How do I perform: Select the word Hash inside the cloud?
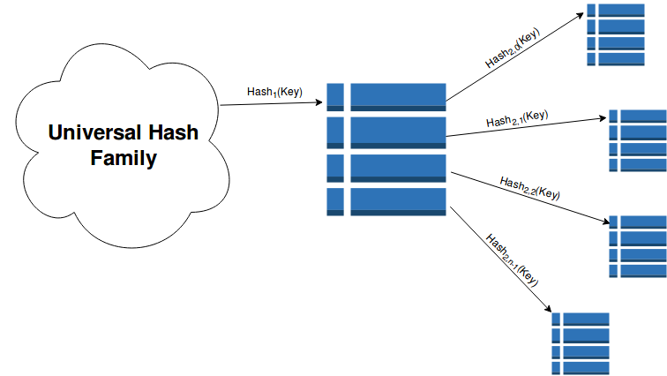click(x=172, y=133)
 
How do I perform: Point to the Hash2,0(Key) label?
click(x=511, y=49)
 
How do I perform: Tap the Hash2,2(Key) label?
click(x=529, y=185)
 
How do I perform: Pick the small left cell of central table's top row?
click(x=334, y=96)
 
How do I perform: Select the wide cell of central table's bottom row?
click(x=398, y=201)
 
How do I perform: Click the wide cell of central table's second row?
click(x=398, y=132)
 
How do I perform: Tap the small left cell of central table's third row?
click(x=334, y=167)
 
